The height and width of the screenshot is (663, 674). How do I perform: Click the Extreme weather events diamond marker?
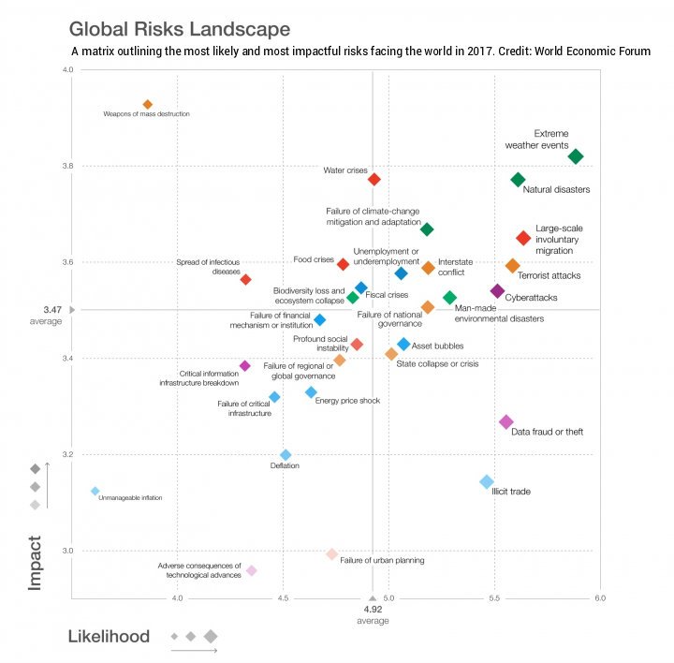pyautogui.click(x=576, y=156)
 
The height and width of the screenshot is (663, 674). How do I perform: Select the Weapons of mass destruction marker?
pyautogui.click(x=147, y=104)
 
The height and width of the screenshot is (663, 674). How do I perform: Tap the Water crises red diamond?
pyautogui.click(x=374, y=179)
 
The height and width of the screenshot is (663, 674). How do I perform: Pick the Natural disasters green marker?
pyautogui.click(x=518, y=180)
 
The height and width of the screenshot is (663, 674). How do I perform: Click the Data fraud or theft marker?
pyautogui.click(x=506, y=422)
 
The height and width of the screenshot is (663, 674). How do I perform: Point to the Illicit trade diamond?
pyautogui.click(x=487, y=481)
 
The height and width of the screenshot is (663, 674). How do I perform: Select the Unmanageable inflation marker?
pyautogui.click(x=95, y=491)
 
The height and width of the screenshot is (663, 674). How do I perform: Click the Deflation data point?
pyautogui.click(x=286, y=455)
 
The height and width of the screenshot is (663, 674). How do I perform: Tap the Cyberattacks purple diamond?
pyautogui.click(x=497, y=291)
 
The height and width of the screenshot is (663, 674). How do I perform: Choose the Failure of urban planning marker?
pyautogui.click(x=331, y=554)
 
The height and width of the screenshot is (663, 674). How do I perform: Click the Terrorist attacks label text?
pyautogui.click(x=549, y=276)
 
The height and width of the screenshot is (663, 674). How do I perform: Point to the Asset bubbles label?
pyautogui.click(x=437, y=346)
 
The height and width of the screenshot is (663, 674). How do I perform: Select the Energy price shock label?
pyautogui.click(x=347, y=401)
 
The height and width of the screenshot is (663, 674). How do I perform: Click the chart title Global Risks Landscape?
pyautogui.click(x=179, y=29)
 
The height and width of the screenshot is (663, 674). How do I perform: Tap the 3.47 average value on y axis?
pyautogui.click(x=52, y=309)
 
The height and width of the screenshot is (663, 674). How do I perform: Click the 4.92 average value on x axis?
pyautogui.click(x=374, y=610)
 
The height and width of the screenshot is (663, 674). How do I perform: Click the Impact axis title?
pyautogui.click(x=35, y=563)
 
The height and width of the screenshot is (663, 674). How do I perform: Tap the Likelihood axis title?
pyautogui.click(x=109, y=637)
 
